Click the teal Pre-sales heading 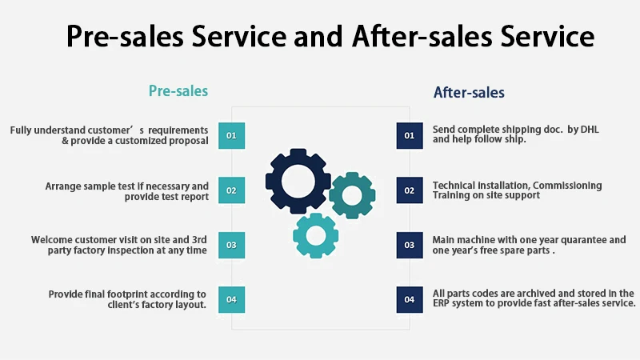[178, 91]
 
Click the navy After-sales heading [469, 93]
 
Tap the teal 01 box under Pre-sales [231, 136]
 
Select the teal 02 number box [231, 190]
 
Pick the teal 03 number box [231, 245]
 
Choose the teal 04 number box [231, 299]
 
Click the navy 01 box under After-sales [409, 136]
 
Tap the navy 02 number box [409, 190]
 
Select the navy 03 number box [409, 245]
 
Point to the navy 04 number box [409, 299]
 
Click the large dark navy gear [298, 181]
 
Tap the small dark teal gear [351, 194]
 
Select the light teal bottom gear [316, 235]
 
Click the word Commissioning [562, 186]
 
